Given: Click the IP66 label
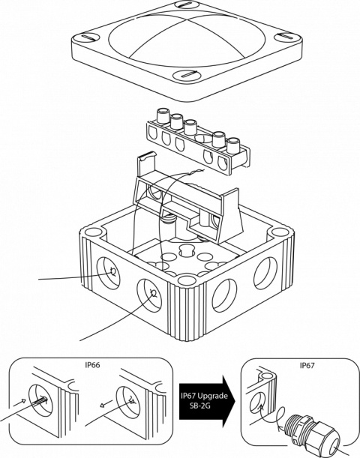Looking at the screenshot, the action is pyautogui.click(x=92, y=365).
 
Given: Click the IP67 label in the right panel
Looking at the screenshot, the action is pyautogui.click(x=307, y=365).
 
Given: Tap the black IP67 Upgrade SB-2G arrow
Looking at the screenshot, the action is pyautogui.click(x=207, y=400).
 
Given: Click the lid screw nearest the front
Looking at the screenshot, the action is pyautogui.click(x=187, y=75).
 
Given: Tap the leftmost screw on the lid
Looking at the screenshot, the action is pyautogui.click(x=86, y=37).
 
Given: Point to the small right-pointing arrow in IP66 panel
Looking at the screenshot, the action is pyautogui.click(x=20, y=403).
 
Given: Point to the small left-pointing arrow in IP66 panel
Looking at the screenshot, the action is pyautogui.click(x=105, y=403).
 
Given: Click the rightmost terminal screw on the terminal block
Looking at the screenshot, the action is pyautogui.click(x=233, y=145).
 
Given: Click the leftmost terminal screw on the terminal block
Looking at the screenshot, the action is pyautogui.click(x=163, y=115).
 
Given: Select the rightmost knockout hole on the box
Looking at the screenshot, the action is pyautogui.click(x=265, y=273).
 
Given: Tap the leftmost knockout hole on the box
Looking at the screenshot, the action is pyautogui.click(x=108, y=273).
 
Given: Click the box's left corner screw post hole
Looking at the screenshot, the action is pyautogui.click(x=93, y=233).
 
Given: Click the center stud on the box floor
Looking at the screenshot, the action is pyautogui.click(x=187, y=250).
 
